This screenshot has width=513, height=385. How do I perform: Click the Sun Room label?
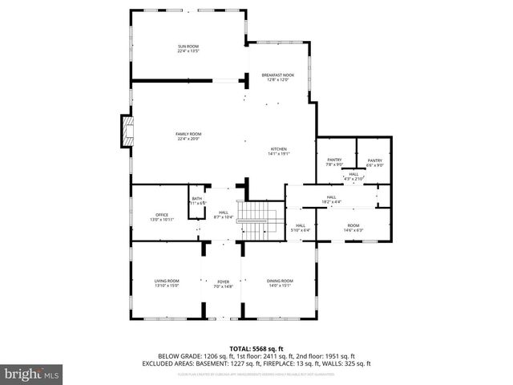pyautogui.click(x=188, y=49)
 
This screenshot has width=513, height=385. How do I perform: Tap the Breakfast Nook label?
pyautogui.click(x=278, y=77)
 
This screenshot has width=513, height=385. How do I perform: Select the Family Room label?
pyautogui.click(x=188, y=136)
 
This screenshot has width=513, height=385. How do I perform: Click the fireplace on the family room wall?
pyautogui.click(x=126, y=132)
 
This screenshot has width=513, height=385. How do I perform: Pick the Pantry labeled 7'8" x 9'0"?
pyautogui.click(x=334, y=163)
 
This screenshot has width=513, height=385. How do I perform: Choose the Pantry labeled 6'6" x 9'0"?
pyautogui.click(x=374, y=163)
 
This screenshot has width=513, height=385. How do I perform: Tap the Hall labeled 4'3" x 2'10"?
pyautogui.click(x=353, y=176)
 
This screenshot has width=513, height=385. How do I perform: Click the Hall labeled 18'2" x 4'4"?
pyautogui.click(x=331, y=199)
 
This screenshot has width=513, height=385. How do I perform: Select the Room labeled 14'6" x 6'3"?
pyautogui.click(x=353, y=228)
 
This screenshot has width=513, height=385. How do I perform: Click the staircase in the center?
pyautogui.click(x=256, y=218)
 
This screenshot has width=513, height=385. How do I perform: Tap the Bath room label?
pyautogui.click(x=196, y=201)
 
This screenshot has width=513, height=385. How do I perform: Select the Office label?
pyautogui.click(x=162, y=217)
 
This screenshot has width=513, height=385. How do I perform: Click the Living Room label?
pyautogui.click(x=167, y=282)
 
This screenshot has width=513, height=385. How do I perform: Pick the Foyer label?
pyautogui.click(x=224, y=284)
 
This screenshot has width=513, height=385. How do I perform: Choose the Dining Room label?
pyautogui.click(x=280, y=282)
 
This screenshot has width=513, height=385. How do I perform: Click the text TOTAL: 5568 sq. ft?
pyautogui.click(x=256, y=349)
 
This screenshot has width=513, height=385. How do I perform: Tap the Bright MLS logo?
pyautogui.click(x=32, y=374)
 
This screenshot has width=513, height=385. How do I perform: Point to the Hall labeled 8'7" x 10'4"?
pyautogui.click(x=224, y=215)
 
